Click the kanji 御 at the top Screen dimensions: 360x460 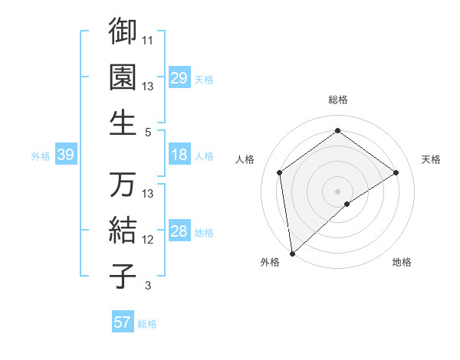(123, 31)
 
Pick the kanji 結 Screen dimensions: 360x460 (123, 230)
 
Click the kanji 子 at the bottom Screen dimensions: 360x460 (123, 276)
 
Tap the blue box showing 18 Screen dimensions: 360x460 (179, 155)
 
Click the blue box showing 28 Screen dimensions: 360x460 (179, 231)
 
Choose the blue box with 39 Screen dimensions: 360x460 (65, 155)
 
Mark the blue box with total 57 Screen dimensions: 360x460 (122, 322)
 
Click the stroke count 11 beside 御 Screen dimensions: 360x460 (149, 41)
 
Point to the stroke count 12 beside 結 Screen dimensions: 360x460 (149, 240)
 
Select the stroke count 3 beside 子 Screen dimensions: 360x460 (149, 286)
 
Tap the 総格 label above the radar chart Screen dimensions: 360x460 (338, 100)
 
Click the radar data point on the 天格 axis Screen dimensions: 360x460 (396, 172)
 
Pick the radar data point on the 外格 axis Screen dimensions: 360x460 (292, 253)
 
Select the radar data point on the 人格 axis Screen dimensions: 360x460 (280, 172)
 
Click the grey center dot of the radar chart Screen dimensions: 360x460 (338, 191)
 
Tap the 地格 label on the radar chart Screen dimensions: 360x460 (402, 262)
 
